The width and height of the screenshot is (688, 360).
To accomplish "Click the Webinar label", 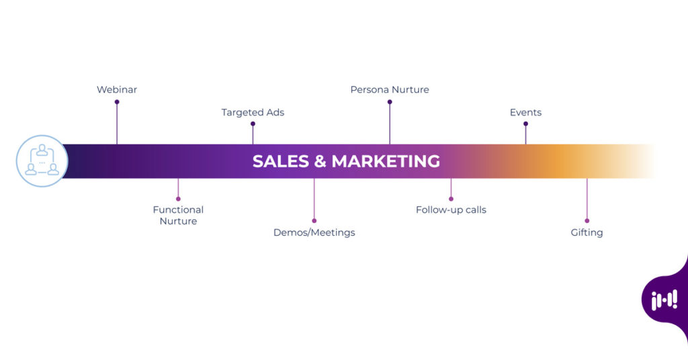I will [117, 89].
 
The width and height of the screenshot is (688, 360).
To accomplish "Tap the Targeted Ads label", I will [253, 112].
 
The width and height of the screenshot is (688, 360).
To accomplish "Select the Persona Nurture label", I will [390, 89].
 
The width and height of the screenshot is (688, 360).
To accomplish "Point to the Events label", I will [525, 112].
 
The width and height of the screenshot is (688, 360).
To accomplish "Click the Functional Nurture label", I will [178, 215].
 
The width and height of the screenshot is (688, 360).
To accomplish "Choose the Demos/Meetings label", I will [314, 232].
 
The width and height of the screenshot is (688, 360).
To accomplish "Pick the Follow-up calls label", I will [451, 210].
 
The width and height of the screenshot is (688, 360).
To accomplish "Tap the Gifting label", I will [587, 232].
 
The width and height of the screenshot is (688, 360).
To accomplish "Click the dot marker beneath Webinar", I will [117, 102].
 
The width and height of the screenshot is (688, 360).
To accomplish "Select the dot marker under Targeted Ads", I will [253, 124].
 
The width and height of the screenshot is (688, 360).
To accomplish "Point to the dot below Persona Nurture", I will [390, 102].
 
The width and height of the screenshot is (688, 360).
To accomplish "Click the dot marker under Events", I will [525, 124].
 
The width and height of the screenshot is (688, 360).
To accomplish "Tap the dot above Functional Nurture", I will [178, 199].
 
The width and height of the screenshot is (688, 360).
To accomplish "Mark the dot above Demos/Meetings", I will [314, 220].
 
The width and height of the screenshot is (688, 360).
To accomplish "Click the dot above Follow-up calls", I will [451, 199].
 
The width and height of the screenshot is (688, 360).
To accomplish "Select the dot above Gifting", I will [587, 220].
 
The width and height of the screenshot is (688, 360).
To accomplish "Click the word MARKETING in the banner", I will [386, 161].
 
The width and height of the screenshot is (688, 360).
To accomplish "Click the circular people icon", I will [42, 161].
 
